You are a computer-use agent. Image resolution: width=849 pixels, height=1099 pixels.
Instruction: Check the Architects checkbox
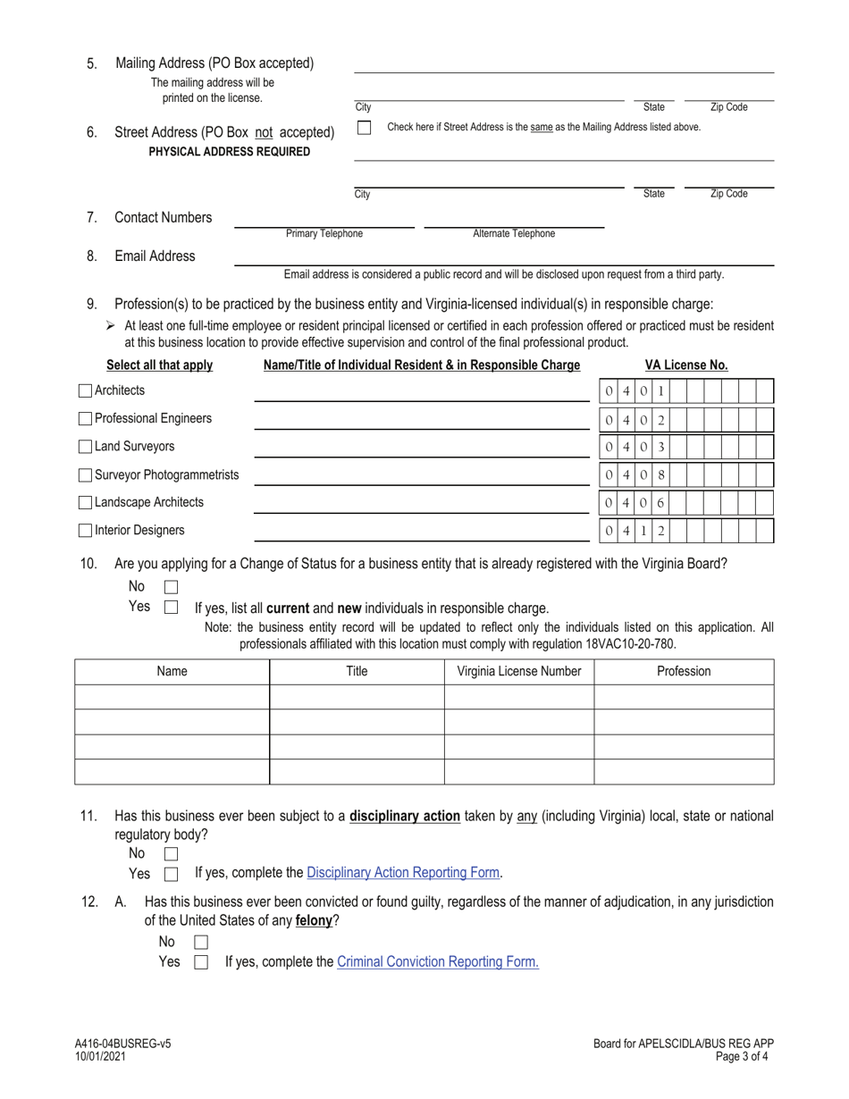click(x=85, y=390)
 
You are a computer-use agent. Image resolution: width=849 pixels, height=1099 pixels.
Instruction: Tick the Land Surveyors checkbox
click(x=85, y=447)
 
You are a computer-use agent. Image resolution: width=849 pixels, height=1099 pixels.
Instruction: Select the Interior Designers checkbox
click(x=85, y=531)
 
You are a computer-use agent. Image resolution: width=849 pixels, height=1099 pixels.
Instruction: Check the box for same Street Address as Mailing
click(x=364, y=128)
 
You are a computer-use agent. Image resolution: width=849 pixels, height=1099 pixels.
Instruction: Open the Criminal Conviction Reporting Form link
click(x=438, y=962)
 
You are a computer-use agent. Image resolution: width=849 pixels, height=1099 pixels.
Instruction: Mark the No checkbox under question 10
click(x=172, y=587)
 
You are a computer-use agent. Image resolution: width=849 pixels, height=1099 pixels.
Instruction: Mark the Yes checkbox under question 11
click(x=172, y=874)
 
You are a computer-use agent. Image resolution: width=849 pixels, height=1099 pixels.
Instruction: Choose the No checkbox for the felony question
click(x=201, y=942)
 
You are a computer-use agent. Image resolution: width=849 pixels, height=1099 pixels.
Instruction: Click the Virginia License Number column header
click(x=519, y=672)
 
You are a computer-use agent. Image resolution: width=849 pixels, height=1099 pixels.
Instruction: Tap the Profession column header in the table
click(x=684, y=672)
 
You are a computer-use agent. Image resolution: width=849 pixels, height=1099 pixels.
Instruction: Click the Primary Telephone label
click(x=324, y=234)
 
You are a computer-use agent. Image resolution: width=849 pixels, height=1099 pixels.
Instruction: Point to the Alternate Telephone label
click(x=513, y=234)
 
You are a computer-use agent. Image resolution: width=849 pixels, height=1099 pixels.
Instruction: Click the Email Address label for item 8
click(x=155, y=256)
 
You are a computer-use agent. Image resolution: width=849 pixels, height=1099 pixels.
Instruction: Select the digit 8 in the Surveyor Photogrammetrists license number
click(x=660, y=475)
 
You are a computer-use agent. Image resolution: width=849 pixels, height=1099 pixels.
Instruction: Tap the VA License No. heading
click(x=686, y=365)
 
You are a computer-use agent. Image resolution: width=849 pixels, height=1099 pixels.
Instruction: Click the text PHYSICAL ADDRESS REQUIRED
click(x=230, y=152)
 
